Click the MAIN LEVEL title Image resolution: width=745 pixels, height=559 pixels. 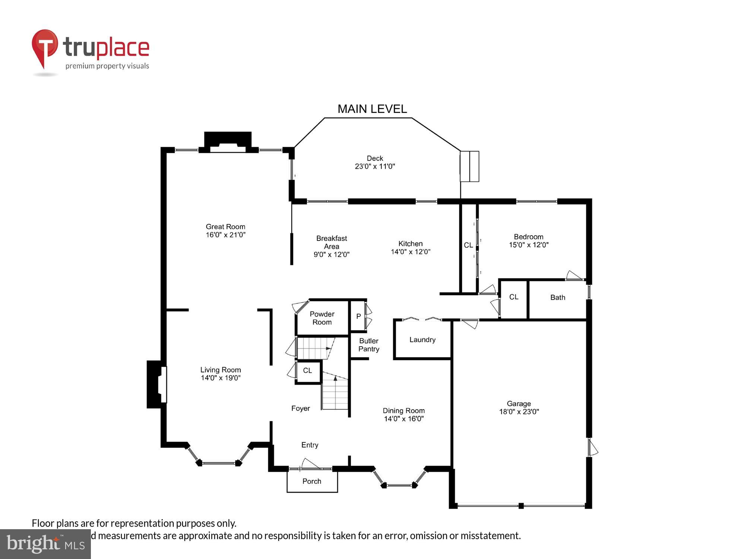click(372, 109)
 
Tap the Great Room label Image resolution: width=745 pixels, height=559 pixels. click(225, 227)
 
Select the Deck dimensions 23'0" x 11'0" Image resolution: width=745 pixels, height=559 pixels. click(375, 167)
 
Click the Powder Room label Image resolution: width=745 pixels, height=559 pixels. click(322, 318)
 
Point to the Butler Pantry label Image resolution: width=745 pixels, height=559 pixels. click(369, 345)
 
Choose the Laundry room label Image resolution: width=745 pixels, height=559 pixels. click(422, 339)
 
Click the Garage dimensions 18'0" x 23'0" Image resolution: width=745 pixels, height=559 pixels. click(519, 412)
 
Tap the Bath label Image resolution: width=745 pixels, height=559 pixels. click(558, 297)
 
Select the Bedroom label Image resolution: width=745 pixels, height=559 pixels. click(528, 237)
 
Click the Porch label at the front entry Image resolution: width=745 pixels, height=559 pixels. click(312, 481)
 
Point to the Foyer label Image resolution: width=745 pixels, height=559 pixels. click(300, 408)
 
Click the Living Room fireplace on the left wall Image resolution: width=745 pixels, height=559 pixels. click(156, 384)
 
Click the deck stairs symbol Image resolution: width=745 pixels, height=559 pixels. click(469, 166)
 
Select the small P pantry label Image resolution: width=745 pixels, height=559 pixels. click(358, 316)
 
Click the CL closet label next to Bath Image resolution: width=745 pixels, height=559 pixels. click(514, 297)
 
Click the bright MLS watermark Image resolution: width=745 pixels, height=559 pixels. click(45, 544)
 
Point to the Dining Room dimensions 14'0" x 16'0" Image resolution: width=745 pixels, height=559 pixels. click(404, 419)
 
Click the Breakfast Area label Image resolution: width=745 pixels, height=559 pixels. click(332, 242)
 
